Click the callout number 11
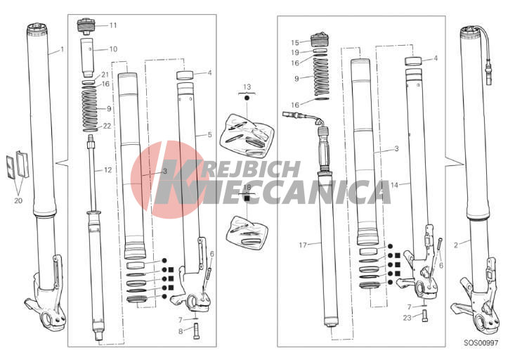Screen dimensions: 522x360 coord(113,25)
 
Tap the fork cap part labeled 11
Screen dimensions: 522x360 coord(86,26)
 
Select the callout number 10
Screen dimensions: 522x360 coord(113,49)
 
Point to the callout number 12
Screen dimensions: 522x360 coord(108,170)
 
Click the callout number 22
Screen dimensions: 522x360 coord(107,127)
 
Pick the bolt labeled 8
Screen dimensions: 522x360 coord(196,331)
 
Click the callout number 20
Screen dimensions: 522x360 coord(18,200)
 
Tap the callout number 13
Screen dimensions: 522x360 coord(247,87)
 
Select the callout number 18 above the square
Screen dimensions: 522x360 coord(247,188)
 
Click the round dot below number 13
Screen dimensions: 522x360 coord(247,98)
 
